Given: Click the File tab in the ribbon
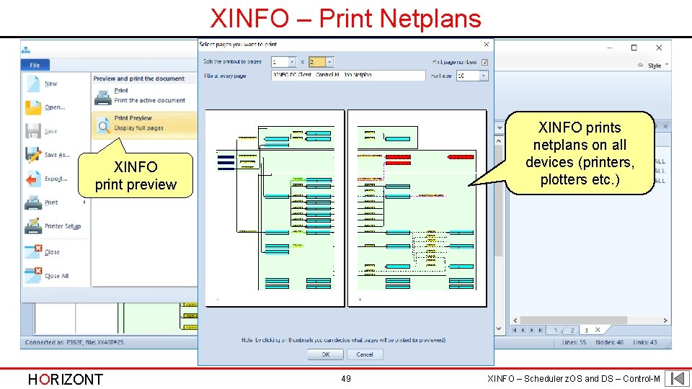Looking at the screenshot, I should [35, 65].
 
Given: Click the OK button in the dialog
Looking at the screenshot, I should [326, 354].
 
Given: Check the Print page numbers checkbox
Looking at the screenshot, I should [485, 62].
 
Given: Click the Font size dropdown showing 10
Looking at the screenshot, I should [472, 75].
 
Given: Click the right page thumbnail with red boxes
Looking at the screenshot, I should [417, 208].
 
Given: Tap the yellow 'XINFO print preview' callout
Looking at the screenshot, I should [136, 176].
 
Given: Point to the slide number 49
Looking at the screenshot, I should [346, 378].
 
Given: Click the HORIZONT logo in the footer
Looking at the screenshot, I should [65, 380].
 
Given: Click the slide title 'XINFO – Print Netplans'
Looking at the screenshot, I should [346, 17].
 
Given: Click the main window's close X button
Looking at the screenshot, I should [659, 48].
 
